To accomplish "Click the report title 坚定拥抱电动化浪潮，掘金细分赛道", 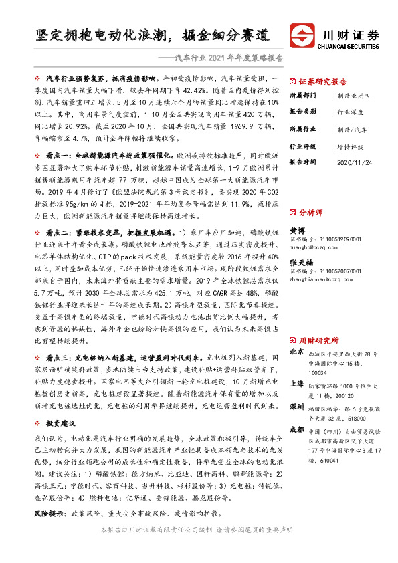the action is pos(153,34).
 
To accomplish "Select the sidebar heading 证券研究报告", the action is pos(320,80).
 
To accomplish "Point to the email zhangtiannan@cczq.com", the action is pos(321,281).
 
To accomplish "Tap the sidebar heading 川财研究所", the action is pos(319,340).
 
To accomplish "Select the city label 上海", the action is pos(296,383).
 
